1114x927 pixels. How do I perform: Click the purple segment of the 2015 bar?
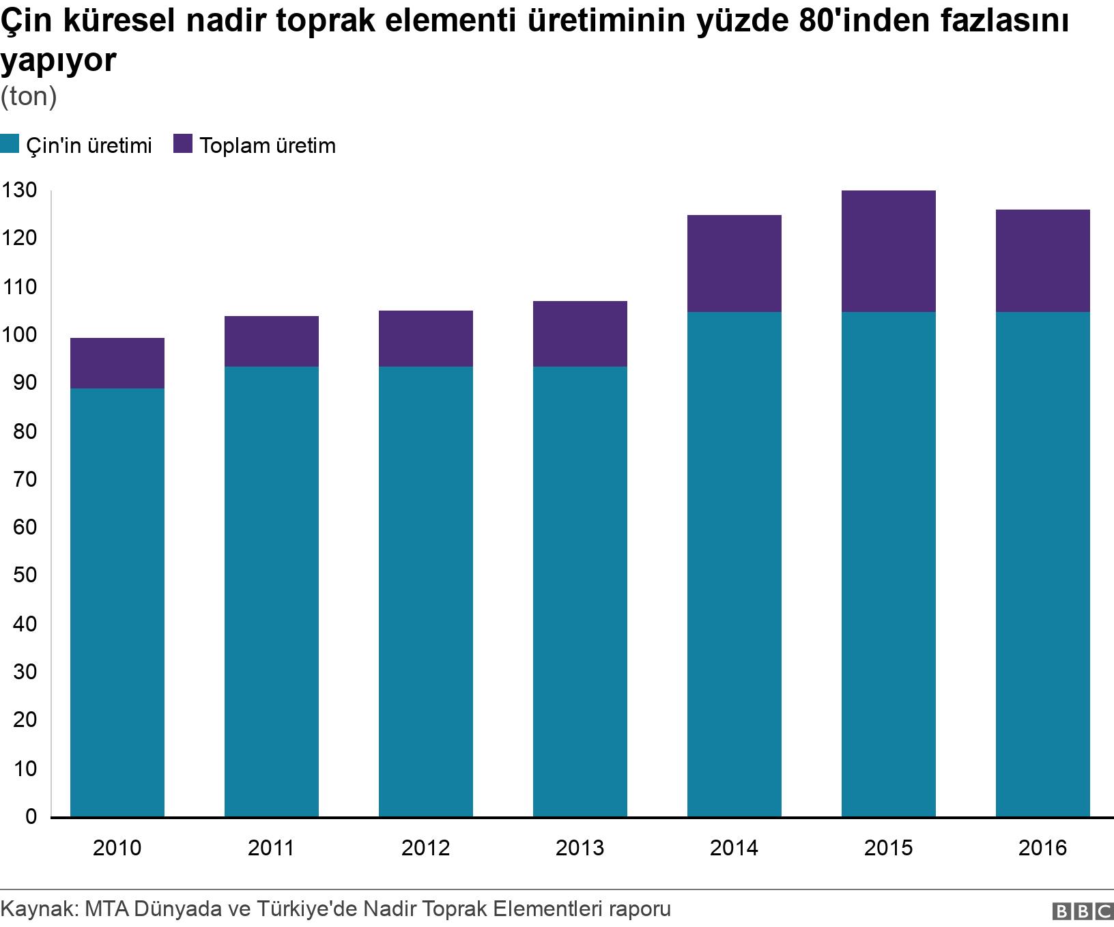coord(888,251)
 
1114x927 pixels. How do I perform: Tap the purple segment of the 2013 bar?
coord(580,334)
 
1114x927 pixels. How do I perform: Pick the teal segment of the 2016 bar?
coord(1042,564)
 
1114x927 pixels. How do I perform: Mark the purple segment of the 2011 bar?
coord(271,341)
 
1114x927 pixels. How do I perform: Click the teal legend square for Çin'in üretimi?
coord(10,145)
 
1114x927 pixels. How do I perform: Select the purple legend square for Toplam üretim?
coord(183,145)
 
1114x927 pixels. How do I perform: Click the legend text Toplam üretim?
coord(268,146)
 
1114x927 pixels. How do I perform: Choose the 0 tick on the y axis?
coord(30,816)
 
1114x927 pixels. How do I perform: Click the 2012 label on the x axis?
coord(425,848)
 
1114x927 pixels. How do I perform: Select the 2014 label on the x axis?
coord(734,848)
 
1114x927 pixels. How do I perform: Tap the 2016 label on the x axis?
coord(1042,848)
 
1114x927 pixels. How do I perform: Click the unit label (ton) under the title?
coord(28,97)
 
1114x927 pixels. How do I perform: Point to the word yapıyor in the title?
coord(59,61)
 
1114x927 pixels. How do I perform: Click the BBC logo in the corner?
coord(1083,911)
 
